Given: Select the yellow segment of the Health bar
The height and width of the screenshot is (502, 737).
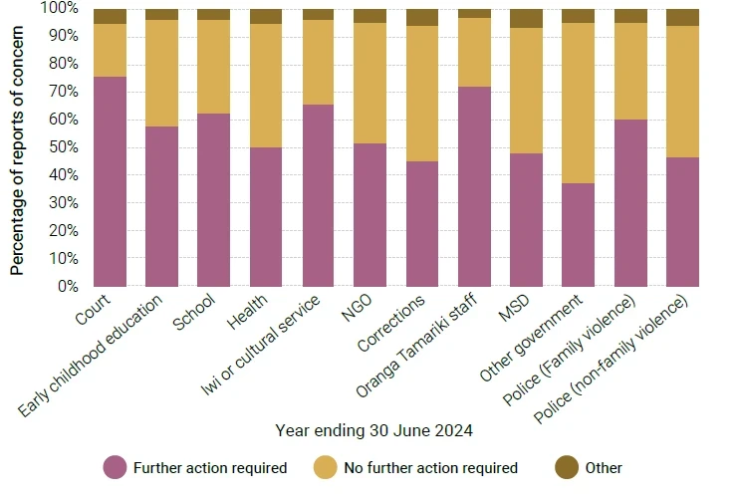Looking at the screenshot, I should [266, 86].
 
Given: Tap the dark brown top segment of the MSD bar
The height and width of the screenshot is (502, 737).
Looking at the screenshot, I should [526, 18].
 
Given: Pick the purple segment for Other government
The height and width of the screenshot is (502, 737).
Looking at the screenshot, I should [578, 235].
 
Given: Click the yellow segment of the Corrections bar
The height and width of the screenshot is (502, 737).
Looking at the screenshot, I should [422, 94].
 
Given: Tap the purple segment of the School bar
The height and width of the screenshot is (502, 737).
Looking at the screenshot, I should [214, 199].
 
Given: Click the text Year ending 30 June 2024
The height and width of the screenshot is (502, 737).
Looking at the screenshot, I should [373, 430].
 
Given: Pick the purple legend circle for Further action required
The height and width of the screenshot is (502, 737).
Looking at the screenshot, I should [116, 467].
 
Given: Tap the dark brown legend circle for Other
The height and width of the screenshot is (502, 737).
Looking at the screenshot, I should [566, 467].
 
